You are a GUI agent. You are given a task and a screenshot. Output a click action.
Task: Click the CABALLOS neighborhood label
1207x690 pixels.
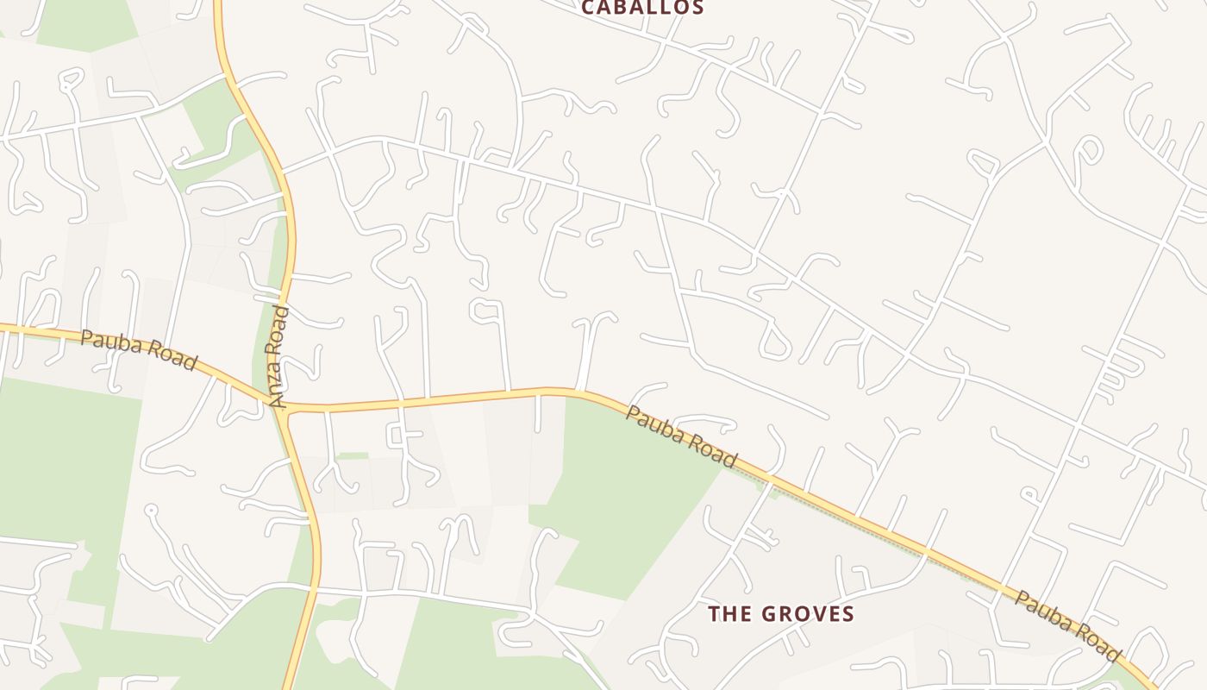[642, 8]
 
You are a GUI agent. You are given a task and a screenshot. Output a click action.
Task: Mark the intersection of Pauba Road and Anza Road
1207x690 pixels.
[282, 407]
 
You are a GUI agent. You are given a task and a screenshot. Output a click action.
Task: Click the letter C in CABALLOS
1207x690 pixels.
[589, 8]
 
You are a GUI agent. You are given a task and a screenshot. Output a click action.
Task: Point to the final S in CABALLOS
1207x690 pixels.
[697, 8]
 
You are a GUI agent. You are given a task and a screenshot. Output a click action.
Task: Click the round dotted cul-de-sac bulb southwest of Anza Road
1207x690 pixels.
[152, 511]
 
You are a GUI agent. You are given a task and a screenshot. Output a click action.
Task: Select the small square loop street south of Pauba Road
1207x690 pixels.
[396, 436]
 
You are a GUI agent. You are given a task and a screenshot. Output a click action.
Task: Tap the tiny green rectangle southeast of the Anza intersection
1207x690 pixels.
[353, 455]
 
